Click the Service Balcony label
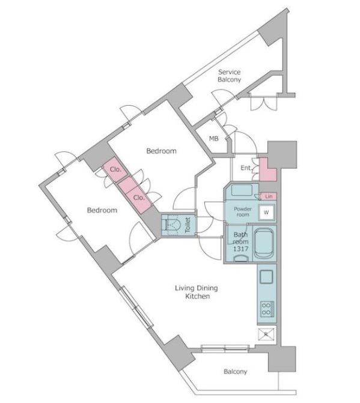tap(229, 76)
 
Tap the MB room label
tap(214, 139)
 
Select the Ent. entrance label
tap(246, 168)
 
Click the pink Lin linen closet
tap(269, 196)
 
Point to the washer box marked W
tap(266, 213)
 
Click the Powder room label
tap(242, 211)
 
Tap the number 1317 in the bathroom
tap(240, 249)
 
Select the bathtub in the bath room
tap(264, 243)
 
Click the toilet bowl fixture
tap(172, 225)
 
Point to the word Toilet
tap(188, 225)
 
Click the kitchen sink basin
tap(266, 277)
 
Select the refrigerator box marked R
tap(266, 335)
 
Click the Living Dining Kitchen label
tap(197, 292)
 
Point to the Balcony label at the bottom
tap(235, 371)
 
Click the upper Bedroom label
tap(162, 151)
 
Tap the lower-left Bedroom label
tap(102, 210)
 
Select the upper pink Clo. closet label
tap(115, 169)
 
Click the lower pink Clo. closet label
tap(139, 198)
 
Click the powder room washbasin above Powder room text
tap(242, 190)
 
